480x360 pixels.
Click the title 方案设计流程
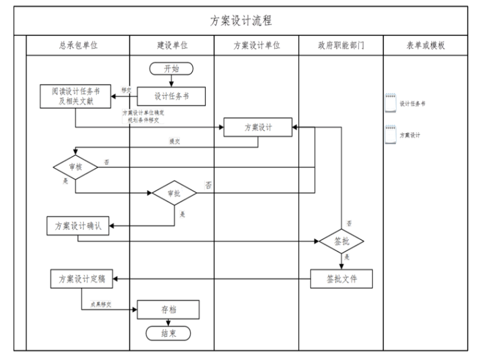click(241, 21)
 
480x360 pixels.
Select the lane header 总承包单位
click(78, 46)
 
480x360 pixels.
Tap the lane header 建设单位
click(172, 46)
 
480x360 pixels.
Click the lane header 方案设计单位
click(256, 46)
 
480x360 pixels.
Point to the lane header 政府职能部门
click(341, 46)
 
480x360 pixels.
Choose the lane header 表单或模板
click(425, 46)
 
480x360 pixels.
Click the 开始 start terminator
click(171, 69)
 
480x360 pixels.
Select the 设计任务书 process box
click(171, 96)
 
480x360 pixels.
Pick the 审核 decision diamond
click(75, 167)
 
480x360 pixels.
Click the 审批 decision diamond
click(174, 193)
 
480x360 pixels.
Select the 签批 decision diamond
click(342, 241)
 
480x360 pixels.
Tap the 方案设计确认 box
click(78, 226)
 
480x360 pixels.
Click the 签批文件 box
click(342, 279)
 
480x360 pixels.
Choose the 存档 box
click(168, 309)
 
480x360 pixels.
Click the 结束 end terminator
click(168, 333)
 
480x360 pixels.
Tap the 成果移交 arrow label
click(100, 304)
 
